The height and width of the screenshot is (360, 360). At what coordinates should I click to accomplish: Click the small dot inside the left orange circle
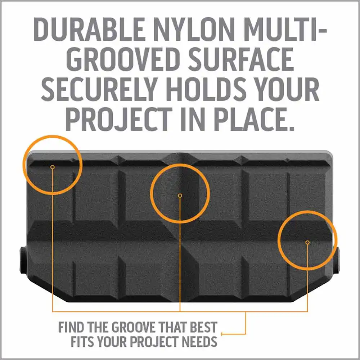[x=52, y=167]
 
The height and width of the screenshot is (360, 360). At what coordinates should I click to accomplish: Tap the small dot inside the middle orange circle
[x=180, y=195]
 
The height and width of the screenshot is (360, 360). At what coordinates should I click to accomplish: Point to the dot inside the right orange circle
[x=307, y=242]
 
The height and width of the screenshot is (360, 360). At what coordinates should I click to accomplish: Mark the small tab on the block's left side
[x=23, y=260]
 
